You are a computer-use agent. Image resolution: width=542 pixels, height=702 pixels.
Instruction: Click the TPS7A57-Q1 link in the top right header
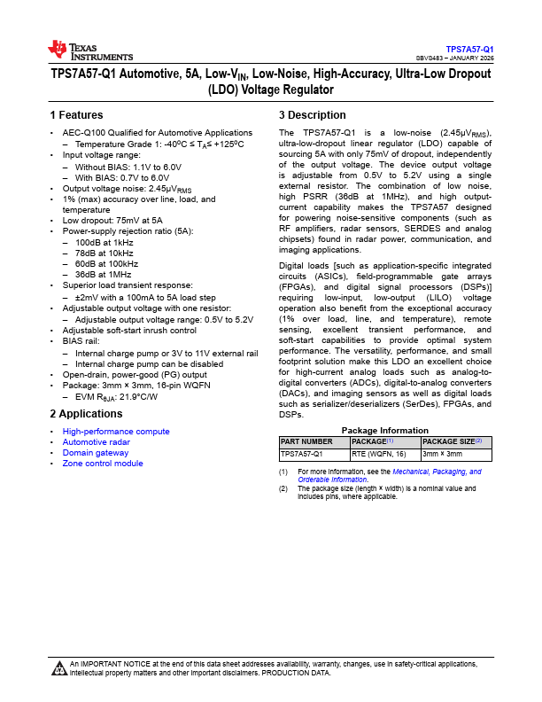(469, 49)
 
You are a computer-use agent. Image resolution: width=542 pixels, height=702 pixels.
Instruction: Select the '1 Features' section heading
(76, 115)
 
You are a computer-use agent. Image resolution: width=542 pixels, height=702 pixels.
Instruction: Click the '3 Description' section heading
(313, 115)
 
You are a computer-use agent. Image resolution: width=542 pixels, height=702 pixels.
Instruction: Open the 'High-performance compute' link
(115, 432)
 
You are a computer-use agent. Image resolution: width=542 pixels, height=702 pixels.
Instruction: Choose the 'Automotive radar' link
(96, 442)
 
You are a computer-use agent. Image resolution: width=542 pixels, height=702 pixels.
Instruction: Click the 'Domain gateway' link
(95, 453)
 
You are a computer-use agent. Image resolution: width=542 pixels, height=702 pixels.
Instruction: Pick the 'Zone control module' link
(102, 464)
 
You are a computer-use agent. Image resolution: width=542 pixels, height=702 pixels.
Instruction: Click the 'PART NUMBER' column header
(306, 441)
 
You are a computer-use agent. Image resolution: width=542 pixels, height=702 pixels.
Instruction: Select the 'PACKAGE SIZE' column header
(452, 441)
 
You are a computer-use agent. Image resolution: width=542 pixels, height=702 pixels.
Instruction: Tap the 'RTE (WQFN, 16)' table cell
(378, 454)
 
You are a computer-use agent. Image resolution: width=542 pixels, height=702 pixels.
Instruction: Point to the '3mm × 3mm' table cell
(442, 454)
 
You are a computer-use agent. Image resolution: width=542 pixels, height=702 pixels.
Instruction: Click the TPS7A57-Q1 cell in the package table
(302, 454)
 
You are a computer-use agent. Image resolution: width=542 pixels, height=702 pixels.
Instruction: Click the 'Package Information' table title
(385, 431)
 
